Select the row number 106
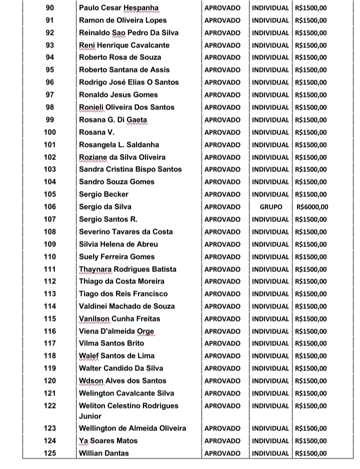pos(50,207)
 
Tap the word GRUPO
pos(270,207)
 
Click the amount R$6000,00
pos(312,207)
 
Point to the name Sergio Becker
pos(103,194)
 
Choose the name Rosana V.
pos(96,132)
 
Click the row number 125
pos(50,453)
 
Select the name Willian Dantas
pos(103,453)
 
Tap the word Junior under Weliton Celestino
pos(90,416)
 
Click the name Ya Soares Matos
pos(108,441)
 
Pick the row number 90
pos(50,8)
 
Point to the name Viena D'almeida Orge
pos(117,331)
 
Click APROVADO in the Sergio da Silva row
pos(222,207)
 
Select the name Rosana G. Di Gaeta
pos(113,120)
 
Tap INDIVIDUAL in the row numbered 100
pos(270,132)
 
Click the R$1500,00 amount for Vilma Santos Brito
pos(311,343)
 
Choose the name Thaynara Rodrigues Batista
pos(127,269)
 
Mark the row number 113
pos(50,294)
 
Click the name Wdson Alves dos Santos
pos(123,381)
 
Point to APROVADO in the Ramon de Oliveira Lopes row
pos(222,20)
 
